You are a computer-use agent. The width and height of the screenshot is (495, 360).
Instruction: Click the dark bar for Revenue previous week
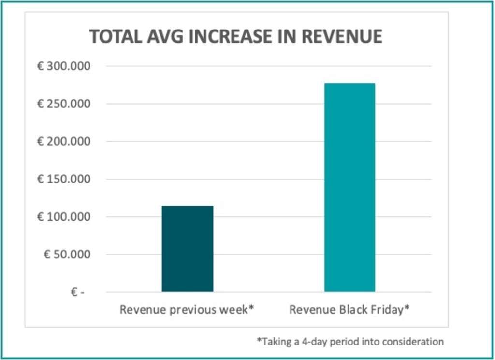(187, 249)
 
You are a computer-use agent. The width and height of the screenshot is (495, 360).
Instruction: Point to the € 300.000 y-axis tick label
(64, 66)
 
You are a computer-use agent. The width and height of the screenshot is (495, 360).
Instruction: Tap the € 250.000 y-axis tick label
(64, 104)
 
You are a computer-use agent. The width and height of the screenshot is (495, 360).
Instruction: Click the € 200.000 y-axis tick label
(64, 141)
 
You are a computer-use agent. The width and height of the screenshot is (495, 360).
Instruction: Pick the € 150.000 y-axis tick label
(64, 179)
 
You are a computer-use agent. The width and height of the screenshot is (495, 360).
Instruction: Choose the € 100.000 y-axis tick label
(64, 217)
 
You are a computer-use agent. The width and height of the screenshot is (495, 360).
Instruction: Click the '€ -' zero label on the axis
(77, 292)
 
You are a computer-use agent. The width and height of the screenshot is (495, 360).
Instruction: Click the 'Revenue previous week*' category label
(187, 310)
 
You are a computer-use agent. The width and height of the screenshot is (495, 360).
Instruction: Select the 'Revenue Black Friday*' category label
(349, 310)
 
